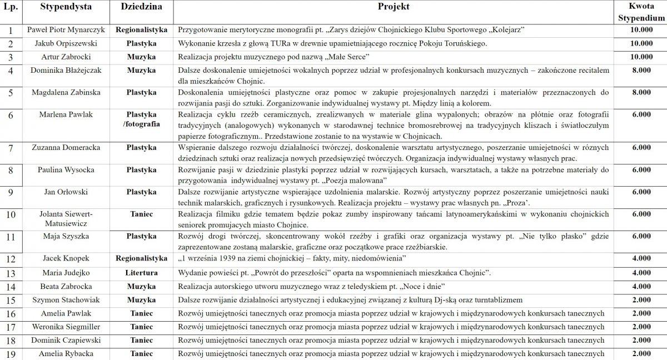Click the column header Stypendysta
coord(66,8)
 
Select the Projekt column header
coord(394,8)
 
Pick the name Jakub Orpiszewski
coord(66,43)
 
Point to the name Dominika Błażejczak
coord(66,71)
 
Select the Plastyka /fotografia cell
coord(141,119)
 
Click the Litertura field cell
coord(141,273)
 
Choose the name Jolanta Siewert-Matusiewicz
coord(66,218)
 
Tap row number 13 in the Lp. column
coord(10,273)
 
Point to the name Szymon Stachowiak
coord(66,300)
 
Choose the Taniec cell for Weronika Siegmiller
coord(141,327)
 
